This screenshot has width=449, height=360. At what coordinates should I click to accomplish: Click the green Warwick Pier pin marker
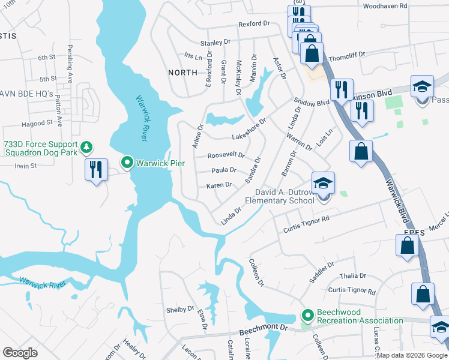tap(127, 163)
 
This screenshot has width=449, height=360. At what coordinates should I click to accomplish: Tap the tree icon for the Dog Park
tap(87, 146)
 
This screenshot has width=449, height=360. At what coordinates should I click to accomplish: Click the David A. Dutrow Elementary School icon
tap(322, 183)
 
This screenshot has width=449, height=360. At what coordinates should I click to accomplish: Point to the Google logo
tap(20, 353)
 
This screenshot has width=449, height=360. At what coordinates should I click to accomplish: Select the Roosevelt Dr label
tap(226, 155)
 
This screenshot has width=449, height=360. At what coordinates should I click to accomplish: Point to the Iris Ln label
tap(193, 55)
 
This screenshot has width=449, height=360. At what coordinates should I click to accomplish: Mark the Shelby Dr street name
tap(180, 310)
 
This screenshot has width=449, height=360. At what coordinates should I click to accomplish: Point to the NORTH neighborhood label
tap(182, 73)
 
